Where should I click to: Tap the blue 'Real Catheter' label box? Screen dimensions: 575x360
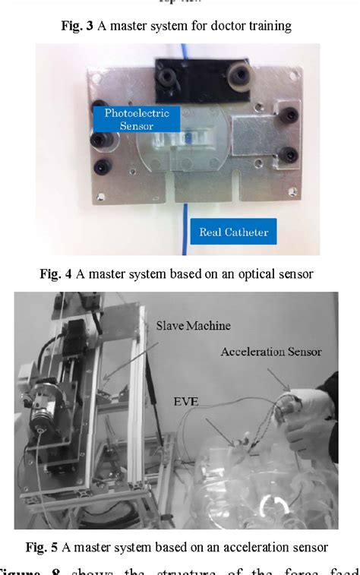(x=235, y=233)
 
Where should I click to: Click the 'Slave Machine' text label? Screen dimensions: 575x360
(x=184, y=326)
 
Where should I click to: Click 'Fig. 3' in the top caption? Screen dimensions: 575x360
(x=77, y=26)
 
